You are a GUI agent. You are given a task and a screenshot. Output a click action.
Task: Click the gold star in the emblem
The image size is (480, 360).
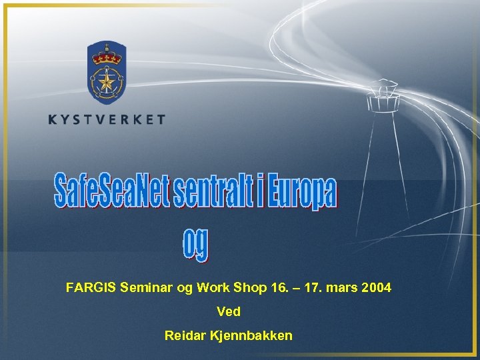[107, 82]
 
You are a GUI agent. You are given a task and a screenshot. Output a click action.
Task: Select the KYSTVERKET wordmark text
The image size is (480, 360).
[107, 120]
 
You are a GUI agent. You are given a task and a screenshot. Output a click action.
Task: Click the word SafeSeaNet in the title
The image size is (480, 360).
[112, 190]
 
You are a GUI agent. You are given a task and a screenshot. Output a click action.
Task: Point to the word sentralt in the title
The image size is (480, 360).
[213, 190]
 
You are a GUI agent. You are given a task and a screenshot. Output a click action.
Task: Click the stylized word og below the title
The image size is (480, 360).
[195, 245]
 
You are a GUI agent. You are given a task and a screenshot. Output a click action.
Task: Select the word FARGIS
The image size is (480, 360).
[91, 288]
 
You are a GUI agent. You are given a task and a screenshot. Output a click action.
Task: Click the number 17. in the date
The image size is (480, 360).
[317, 288]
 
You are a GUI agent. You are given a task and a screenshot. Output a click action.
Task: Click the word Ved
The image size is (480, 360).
[229, 311]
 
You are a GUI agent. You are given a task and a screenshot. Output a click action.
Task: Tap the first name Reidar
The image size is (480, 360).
[184, 335]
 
